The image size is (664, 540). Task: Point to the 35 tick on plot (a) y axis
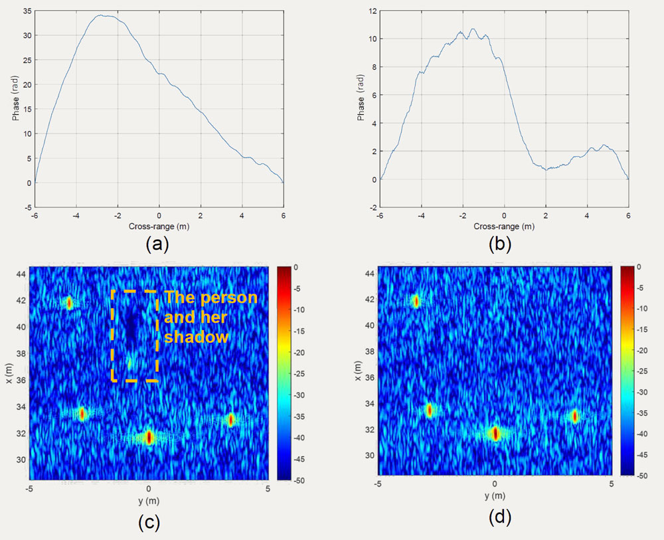(x=26, y=12)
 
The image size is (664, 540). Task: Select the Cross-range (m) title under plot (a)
(x=159, y=226)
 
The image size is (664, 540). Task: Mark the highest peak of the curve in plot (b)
(x=473, y=29)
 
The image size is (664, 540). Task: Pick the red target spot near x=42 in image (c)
(x=68, y=303)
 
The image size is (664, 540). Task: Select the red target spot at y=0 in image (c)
(x=149, y=437)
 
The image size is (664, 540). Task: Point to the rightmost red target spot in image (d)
(x=575, y=416)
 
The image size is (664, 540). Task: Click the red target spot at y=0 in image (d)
(x=495, y=434)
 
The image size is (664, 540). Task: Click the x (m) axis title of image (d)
(x=359, y=371)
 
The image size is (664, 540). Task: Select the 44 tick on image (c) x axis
(x=22, y=274)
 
